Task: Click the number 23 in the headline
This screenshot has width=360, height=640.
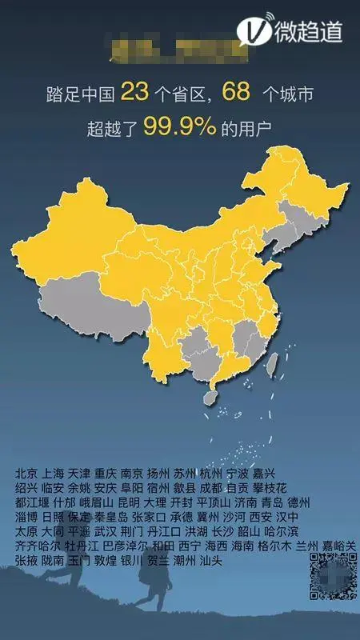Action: pos(134,94)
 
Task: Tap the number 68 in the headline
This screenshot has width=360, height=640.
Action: pos(238,94)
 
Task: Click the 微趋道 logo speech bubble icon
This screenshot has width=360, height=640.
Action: pos(254,30)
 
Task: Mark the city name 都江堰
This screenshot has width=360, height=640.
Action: pos(32,502)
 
